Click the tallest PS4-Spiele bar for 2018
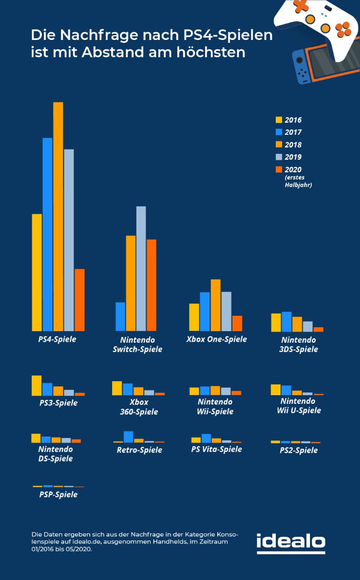click(58, 217)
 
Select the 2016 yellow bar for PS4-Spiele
click(37, 272)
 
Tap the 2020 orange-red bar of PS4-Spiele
click(79, 300)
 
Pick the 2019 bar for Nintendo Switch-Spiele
click(141, 269)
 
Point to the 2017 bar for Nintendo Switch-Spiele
click(120, 317)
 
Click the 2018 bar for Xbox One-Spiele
click(216, 305)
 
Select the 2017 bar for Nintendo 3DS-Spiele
click(286, 322)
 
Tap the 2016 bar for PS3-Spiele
click(37, 386)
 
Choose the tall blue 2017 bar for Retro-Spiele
click(129, 437)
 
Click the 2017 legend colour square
click(279, 132)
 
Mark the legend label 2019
click(293, 157)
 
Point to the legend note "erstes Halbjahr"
click(298, 181)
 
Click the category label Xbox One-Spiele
click(217, 339)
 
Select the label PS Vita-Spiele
click(217, 450)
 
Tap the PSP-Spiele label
click(58, 495)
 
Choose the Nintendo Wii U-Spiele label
click(298, 406)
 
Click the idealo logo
click(291, 542)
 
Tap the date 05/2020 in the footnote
click(80, 549)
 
